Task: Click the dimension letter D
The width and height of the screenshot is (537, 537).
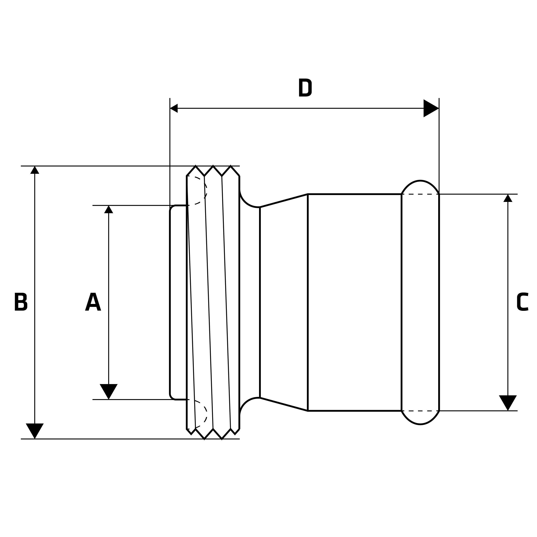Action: point(305,88)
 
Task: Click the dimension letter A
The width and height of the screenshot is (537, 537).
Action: point(93,302)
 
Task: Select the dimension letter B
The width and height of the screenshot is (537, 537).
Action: point(21,302)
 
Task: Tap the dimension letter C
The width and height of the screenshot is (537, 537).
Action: point(522,302)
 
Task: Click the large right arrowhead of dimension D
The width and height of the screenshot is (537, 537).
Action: point(430,108)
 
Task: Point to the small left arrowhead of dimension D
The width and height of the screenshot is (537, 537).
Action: point(174,108)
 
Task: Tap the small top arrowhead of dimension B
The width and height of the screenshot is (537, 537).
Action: point(35,170)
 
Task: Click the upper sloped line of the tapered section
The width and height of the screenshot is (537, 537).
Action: point(284,201)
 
